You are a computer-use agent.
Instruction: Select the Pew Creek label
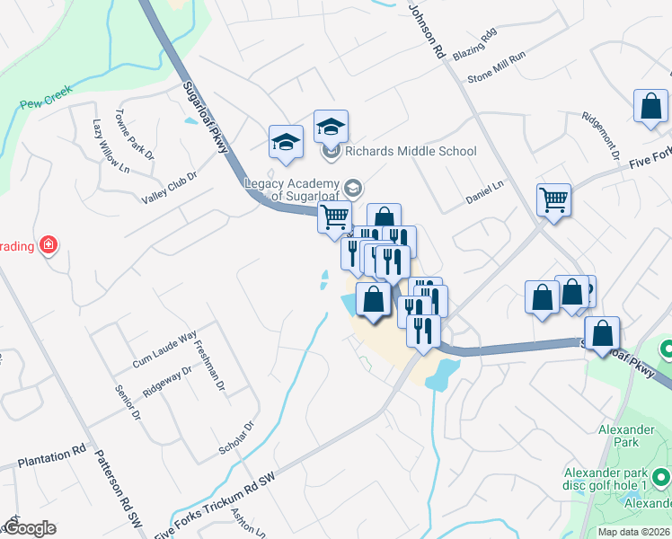point(46,104)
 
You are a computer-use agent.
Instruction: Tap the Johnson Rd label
point(426,30)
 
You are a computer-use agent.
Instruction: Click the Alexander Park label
point(625,436)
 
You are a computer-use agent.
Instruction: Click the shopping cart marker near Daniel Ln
point(553,199)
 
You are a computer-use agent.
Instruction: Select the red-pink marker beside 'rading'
point(49,245)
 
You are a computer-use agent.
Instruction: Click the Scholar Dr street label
point(237,437)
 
